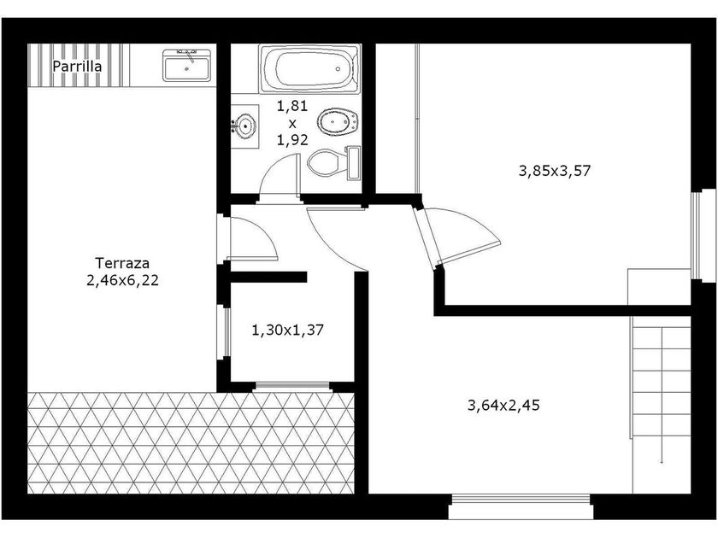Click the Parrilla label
tap(77, 67)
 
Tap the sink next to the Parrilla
tap(187, 66)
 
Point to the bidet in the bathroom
tap(338, 123)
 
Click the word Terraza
tap(122, 263)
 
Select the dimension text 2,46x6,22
tap(123, 280)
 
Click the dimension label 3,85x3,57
tap(555, 171)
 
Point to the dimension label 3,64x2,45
tap(503, 406)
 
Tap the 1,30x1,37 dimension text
tap(288, 330)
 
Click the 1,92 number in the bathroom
tap(292, 140)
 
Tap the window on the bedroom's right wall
tap(697, 236)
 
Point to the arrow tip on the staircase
tap(662, 463)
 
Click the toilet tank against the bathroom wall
tap(354, 163)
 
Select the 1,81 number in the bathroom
tap(292, 106)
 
